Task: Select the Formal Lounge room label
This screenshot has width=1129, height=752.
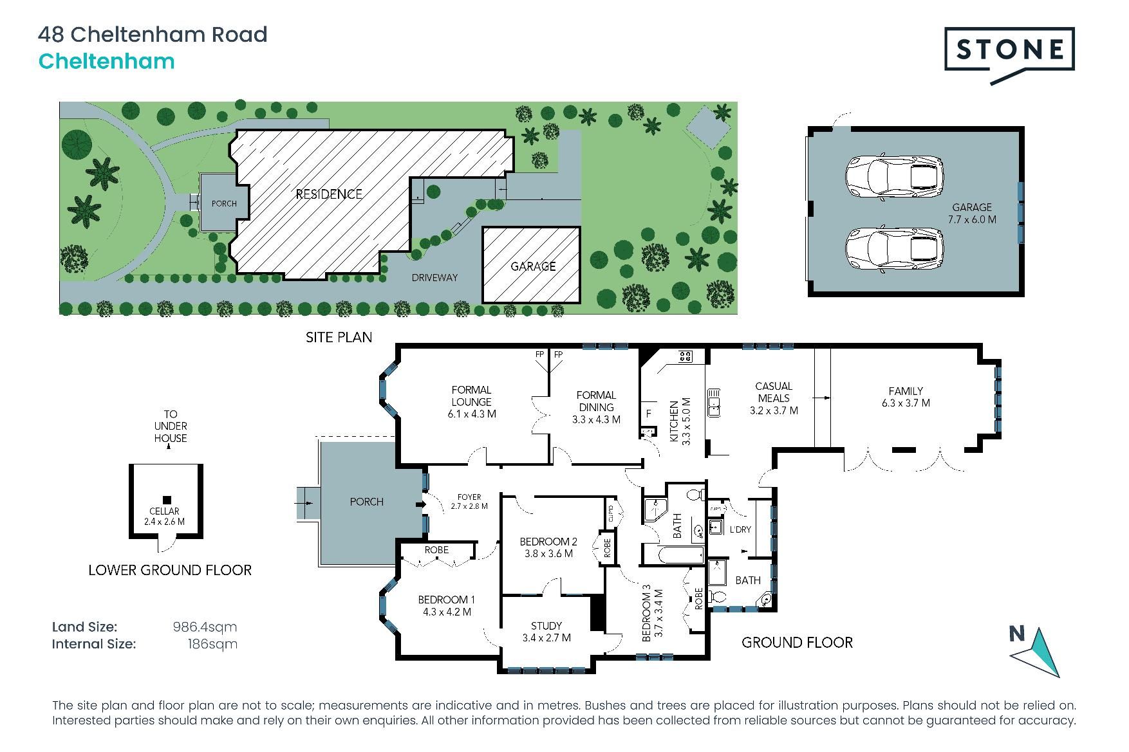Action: pyautogui.click(x=472, y=401)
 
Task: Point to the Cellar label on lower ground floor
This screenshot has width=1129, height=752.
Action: pyautogui.click(x=165, y=516)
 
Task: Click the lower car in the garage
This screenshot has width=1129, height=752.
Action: pyautogui.click(x=894, y=249)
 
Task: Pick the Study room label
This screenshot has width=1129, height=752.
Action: pyautogui.click(x=546, y=632)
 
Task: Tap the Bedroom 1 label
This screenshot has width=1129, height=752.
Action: pyautogui.click(x=447, y=606)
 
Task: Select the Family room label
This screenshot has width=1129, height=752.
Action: pyautogui.click(x=906, y=397)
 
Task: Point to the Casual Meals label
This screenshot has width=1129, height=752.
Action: pyautogui.click(x=774, y=398)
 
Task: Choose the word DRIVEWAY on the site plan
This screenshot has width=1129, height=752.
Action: pyautogui.click(x=434, y=277)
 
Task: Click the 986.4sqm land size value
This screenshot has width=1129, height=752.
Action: pyautogui.click(x=205, y=627)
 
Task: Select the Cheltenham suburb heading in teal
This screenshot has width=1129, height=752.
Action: pyautogui.click(x=107, y=62)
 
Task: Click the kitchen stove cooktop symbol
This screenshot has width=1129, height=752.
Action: pyautogui.click(x=684, y=355)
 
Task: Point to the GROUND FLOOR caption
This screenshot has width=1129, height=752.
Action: pyautogui.click(x=797, y=642)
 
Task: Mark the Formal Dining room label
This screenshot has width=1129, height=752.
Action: pyautogui.click(x=596, y=407)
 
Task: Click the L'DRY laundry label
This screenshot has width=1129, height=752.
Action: pyautogui.click(x=740, y=529)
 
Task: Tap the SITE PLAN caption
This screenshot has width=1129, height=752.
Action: pyautogui.click(x=339, y=337)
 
